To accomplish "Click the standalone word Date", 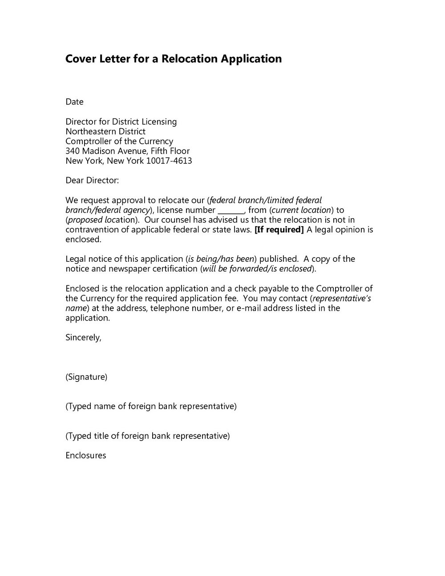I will (x=74, y=102).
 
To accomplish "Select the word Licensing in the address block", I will (x=159, y=122).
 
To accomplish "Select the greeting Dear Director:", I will (x=92, y=180).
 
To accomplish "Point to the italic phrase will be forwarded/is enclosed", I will (x=257, y=269).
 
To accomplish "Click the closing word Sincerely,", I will (x=83, y=337).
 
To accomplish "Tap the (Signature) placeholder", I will (x=86, y=377).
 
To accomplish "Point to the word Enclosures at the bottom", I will (x=85, y=455).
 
